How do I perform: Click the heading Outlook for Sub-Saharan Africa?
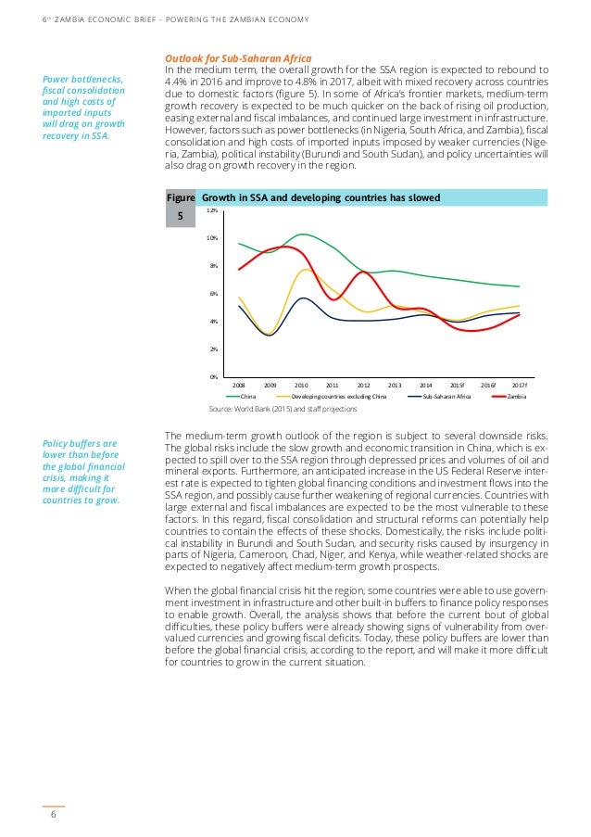tap(238, 57)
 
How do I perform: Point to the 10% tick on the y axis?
tap(212, 238)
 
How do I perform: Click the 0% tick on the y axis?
tap(213, 376)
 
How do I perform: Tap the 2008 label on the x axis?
tap(239, 384)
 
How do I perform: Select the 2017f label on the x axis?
tap(520, 384)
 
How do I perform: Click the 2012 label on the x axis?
tap(363, 384)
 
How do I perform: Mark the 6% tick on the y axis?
tap(213, 294)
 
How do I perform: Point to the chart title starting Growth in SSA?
tap(321, 197)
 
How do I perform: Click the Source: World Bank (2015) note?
tap(283, 408)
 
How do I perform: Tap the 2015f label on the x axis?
tap(457, 384)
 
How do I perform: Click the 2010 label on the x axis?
tap(301, 384)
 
